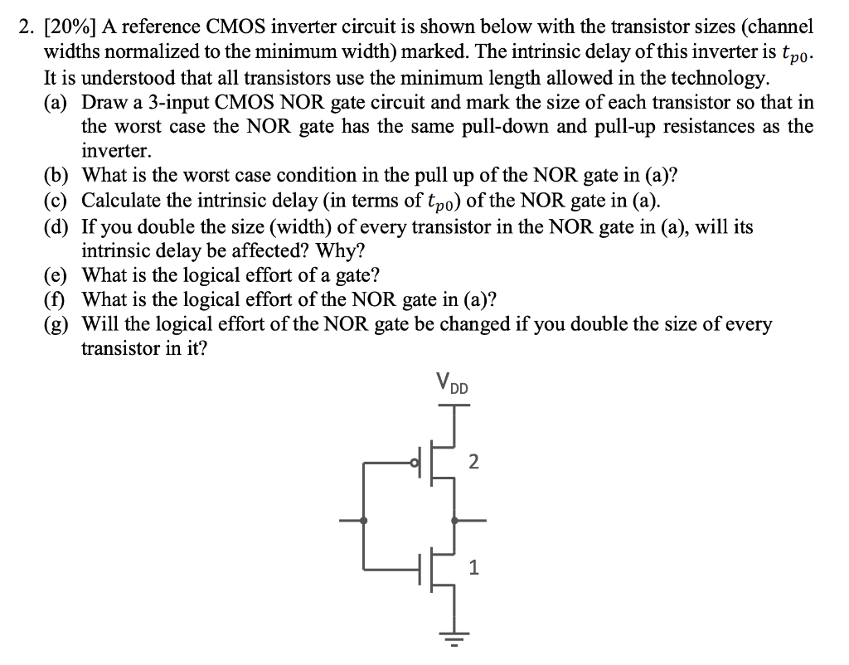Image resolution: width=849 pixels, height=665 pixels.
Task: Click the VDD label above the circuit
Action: [x=453, y=384]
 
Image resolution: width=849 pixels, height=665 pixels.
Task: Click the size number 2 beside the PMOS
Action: [x=473, y=462]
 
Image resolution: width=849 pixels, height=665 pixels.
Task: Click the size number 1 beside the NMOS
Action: [x=473, y=568]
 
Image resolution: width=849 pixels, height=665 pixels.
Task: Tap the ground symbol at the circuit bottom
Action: [x=454, y=641]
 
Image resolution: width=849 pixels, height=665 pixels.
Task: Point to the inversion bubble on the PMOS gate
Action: [x=417, y=463]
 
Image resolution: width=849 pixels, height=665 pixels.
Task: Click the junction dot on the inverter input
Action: [x=365, y=520]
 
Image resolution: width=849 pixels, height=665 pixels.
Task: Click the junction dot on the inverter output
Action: [x=454, y=520]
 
